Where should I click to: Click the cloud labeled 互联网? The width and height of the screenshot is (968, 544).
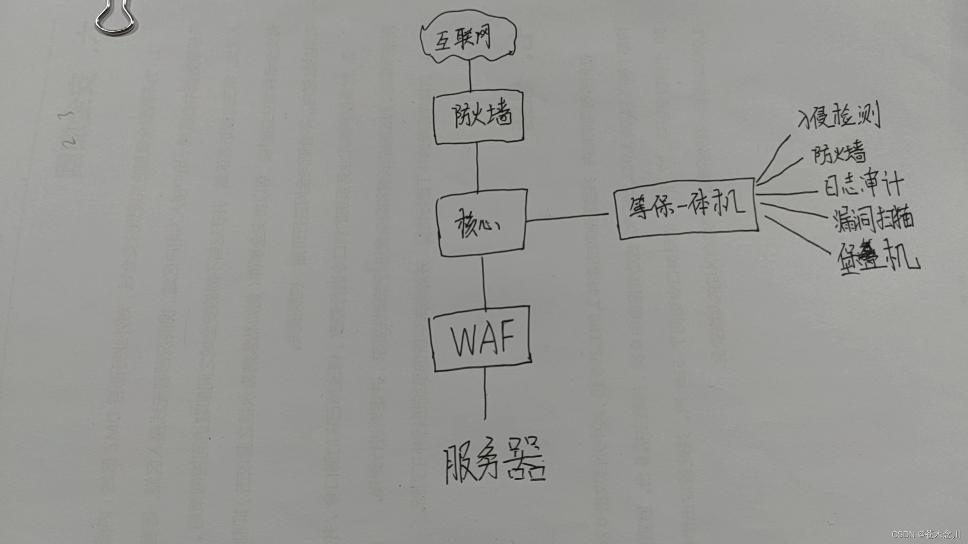pos(468,38)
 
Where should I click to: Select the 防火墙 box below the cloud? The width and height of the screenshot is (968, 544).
pos(479,117)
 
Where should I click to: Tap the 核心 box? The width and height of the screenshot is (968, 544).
pos(482,223)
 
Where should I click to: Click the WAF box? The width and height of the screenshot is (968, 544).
pos(481,338)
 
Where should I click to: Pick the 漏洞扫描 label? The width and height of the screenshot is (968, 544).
pos(873,219)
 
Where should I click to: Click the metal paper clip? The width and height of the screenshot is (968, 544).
pos(115,19)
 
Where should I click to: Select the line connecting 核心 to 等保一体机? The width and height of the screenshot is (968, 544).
pos(567,217)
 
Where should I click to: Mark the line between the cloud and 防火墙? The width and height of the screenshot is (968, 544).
pos(470,76)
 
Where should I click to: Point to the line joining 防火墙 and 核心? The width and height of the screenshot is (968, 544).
pos(477,166)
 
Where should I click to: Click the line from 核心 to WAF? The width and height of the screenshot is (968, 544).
pos(483,282)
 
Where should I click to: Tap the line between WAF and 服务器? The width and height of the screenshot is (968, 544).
pos(485,395)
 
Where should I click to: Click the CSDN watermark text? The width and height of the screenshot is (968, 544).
pos(926,534)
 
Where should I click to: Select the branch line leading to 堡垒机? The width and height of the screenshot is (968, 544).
pos(797,234)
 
